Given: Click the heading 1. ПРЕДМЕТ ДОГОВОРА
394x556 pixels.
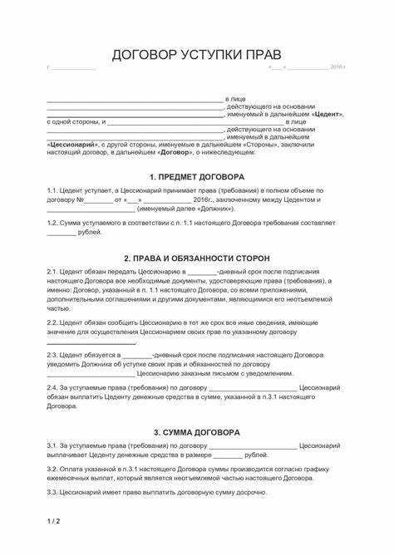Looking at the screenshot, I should point(196,177).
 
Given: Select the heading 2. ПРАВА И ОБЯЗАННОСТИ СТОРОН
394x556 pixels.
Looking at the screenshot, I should point(196,258).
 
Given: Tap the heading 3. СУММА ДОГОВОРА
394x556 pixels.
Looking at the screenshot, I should point(196,432).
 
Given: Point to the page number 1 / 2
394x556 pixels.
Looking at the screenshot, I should point(52,521).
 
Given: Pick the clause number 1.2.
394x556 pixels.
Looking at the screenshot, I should point(52,224).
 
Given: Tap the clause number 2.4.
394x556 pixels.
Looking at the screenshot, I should point(52,386).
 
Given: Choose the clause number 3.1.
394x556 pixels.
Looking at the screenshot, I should point(52,446).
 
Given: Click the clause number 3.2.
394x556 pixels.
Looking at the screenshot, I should point(52,469).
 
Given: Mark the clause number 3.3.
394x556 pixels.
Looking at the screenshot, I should point(52,492).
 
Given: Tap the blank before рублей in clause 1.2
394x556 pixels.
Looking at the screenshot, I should point(61,232).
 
